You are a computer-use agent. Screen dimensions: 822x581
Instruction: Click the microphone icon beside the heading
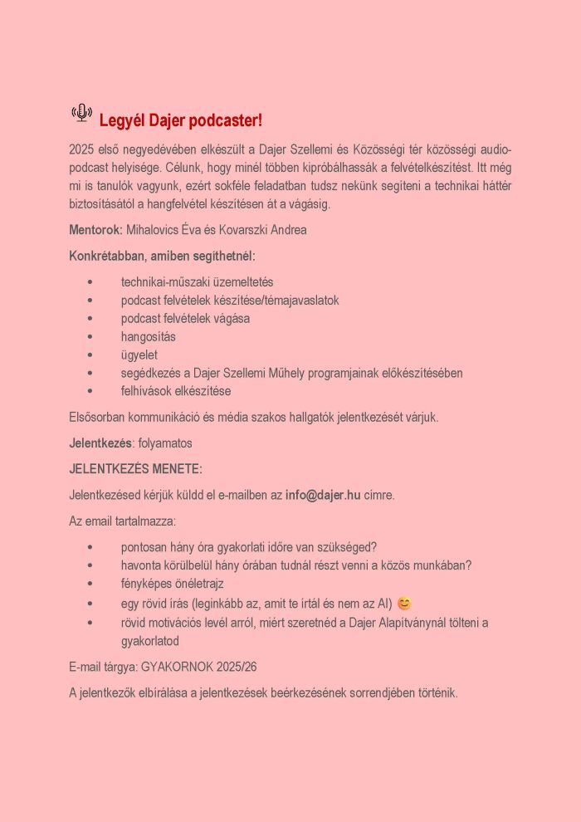81,113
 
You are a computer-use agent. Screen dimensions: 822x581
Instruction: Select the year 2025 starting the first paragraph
83,149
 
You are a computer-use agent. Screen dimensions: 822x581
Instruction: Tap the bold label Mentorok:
95,230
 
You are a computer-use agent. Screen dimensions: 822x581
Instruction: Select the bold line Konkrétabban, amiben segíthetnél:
162,256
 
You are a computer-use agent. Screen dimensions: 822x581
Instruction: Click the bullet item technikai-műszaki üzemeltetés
197,281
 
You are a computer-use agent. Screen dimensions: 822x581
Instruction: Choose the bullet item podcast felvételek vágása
185,318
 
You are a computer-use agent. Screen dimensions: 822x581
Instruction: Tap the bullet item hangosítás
148,336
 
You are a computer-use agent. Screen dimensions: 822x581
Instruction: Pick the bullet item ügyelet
139,355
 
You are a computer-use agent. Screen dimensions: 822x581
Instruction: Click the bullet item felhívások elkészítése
175,391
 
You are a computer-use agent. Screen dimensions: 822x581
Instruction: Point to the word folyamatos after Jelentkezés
166,443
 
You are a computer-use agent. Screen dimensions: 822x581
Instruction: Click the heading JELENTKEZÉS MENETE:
135,469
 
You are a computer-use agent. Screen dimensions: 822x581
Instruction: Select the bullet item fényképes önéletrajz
172,584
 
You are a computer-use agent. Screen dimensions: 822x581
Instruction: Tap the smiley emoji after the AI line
404,604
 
